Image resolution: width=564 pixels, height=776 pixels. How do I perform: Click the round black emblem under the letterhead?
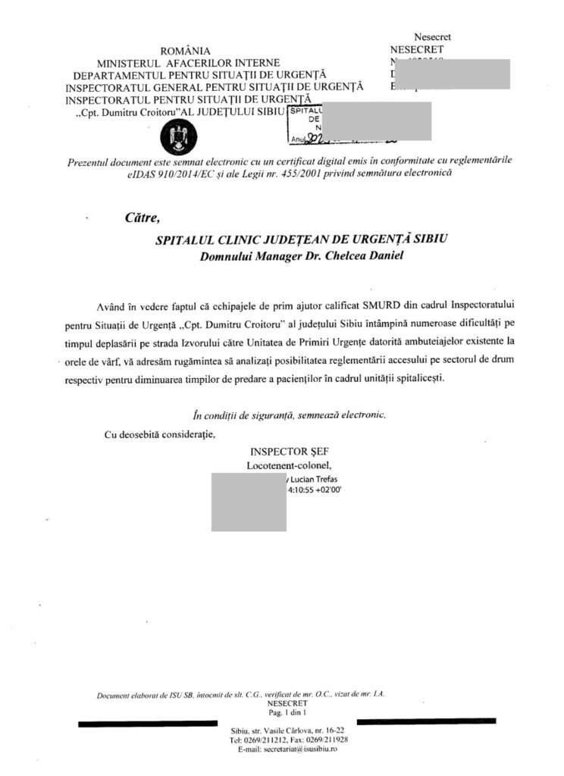pos(180,136)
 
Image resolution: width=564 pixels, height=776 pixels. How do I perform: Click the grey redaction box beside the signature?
pos(249,501)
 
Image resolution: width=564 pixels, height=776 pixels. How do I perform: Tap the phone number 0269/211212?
pos(261,739)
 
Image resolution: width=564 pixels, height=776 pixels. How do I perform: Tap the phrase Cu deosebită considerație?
pos(158,434)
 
